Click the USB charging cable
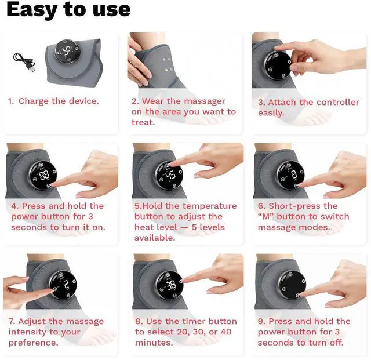pos(24,62)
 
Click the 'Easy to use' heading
pos(68,9)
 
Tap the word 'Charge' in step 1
pos(34,101)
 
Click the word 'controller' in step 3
pos(337,102)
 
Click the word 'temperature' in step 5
pos(209,206)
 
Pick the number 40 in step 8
pos(226,332)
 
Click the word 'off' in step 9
pos(337,342)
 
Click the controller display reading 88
pos(43,176)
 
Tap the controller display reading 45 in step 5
pos(169,176)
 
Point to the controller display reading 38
pos(170,285)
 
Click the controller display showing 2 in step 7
pos(63,285)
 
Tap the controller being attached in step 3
pos(278,65)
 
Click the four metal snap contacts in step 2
pos(168,64)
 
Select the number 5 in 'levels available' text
pos(194,227)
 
